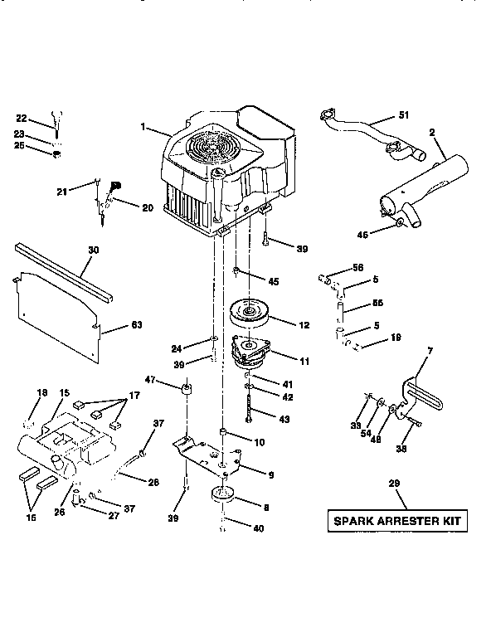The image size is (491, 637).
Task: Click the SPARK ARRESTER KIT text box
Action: coord(396,522)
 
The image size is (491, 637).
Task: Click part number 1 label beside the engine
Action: coord(143,127)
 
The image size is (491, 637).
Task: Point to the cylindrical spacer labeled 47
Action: coord(187,389)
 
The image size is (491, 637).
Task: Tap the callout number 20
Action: coord(147,207)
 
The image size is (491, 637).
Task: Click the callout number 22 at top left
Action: coord(22,119)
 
